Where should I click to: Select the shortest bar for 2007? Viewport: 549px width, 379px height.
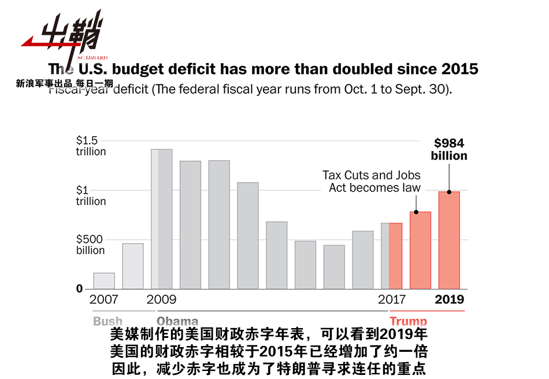tap(104, 281)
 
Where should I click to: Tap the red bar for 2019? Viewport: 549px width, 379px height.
tap(449, 240)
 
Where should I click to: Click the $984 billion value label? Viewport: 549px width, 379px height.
tap(449, 149)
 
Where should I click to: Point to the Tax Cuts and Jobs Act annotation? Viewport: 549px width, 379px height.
tap(372, 181)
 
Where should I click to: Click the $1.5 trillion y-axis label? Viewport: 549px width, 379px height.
tap(91, 146)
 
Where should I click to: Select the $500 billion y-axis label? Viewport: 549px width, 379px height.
tap(91, 245)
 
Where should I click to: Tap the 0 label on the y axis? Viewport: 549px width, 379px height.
tap(80, 289)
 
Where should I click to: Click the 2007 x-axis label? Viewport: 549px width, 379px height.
tap(104, 300)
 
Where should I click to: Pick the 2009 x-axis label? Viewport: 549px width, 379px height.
tap(162, 300)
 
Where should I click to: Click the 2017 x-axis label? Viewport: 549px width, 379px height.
tap(392, 300)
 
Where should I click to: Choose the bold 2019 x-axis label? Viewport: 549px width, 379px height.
tap(449, 300)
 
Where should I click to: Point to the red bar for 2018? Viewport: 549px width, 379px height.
tap(420, 250)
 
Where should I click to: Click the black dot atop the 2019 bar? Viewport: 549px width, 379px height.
tap(449, 192)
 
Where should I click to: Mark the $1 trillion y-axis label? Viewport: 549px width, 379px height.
tap(91, 196)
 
